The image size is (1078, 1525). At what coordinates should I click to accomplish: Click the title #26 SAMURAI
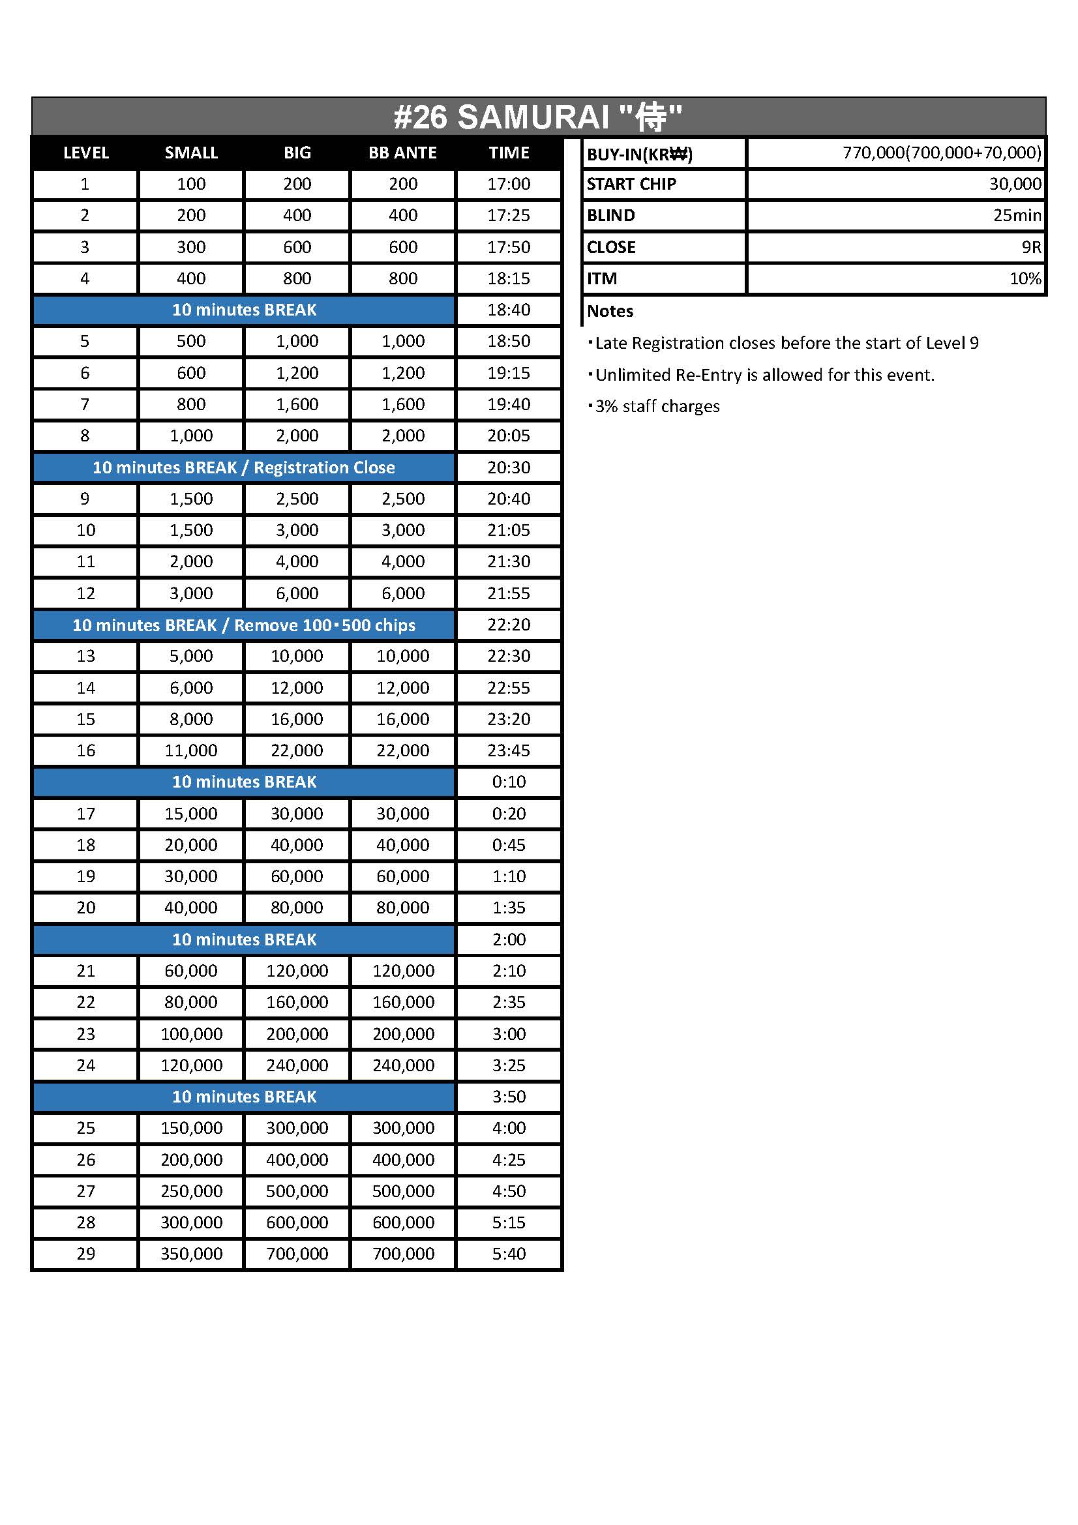537,117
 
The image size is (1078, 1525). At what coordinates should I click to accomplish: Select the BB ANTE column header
402,153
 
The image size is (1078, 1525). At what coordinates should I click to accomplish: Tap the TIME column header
509,153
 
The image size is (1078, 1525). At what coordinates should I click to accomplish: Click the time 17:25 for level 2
509,215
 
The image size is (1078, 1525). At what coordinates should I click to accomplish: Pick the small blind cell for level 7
190,404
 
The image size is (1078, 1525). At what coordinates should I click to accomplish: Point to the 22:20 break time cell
509,625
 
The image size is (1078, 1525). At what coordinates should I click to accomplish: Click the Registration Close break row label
244,467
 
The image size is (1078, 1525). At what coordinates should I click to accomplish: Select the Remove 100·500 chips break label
244,625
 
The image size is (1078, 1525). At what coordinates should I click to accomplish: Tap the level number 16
85,750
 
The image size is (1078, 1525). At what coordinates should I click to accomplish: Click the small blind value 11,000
190,750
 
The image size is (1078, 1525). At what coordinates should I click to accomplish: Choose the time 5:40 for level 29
509,1253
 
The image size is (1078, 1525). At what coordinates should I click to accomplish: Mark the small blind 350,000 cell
190,1253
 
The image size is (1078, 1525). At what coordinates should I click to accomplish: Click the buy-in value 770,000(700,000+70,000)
941,153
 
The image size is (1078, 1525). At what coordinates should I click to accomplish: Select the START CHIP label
631,184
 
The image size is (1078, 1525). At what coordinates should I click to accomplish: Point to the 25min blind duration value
1016,215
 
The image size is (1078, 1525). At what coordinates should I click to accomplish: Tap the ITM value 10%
1025,278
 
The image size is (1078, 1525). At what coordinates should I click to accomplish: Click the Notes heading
610,311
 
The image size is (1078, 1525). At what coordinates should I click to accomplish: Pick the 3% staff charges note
656,406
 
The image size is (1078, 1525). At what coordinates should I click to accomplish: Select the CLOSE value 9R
1031,247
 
